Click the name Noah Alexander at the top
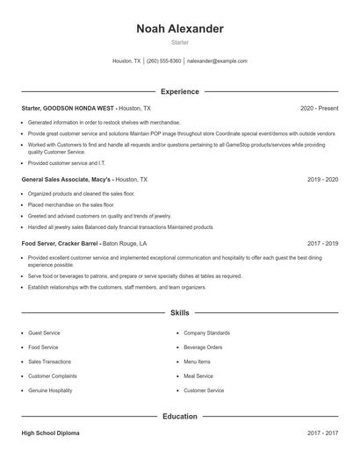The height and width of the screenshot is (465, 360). tap(180, 29)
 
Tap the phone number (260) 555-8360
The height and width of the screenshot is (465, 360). tap(163, 61)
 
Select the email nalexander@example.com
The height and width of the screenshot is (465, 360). tap(217, 61)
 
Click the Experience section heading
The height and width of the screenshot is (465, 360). tap(180, 91)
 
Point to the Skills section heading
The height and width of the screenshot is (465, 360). tap(180, 312)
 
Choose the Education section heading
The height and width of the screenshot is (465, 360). tap(180, 417)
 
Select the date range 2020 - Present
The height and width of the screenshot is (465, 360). tap(319, 108)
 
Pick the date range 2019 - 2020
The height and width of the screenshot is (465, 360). tap(322, 179)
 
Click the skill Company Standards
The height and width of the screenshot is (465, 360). tap(206, 333)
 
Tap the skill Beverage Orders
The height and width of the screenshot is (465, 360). tap(203, 347)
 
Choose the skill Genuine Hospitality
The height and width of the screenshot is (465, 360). tap(50, 390)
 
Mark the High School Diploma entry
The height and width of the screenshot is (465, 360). tap(52, 433)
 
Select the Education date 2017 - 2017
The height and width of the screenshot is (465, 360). tap(322, 433)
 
